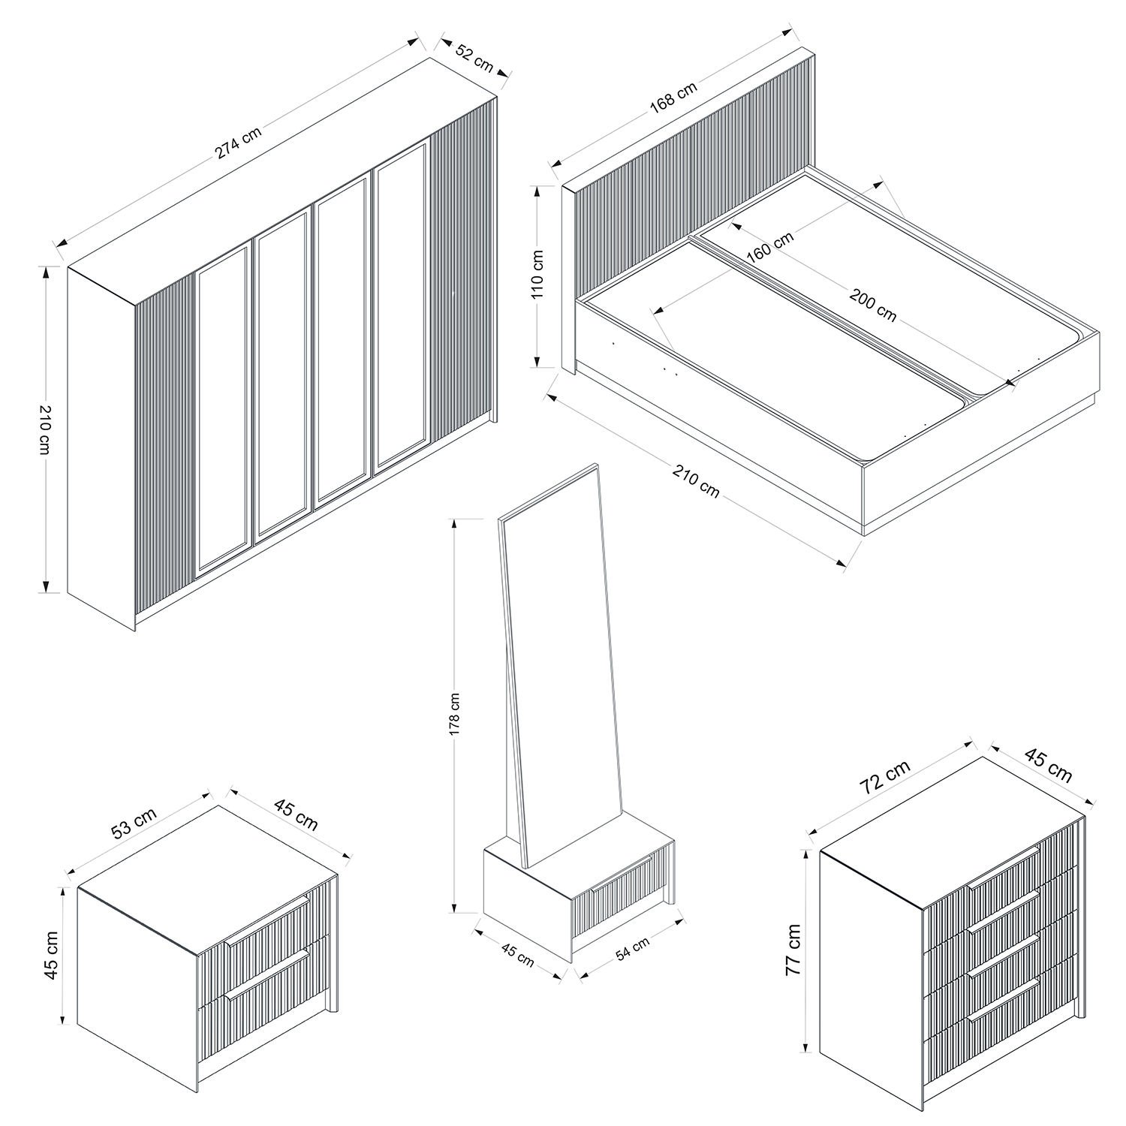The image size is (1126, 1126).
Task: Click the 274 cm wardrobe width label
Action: [x=239, y=142]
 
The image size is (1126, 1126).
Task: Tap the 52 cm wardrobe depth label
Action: [x=474, y=59]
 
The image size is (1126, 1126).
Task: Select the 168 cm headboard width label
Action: [x=673, y=97]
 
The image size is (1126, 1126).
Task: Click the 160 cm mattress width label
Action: [x=770, y=247]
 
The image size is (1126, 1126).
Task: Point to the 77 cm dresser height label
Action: [x=793, y=949]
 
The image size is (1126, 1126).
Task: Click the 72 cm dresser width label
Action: [x=886, y=776]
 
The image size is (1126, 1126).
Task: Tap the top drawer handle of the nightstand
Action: [x=266, y=919]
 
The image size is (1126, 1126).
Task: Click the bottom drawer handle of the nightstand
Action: [x=266, y=974]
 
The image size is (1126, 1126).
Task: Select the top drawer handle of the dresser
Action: [x=1004, y=867]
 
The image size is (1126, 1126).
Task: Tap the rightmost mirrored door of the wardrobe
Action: [x=401, y=305]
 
